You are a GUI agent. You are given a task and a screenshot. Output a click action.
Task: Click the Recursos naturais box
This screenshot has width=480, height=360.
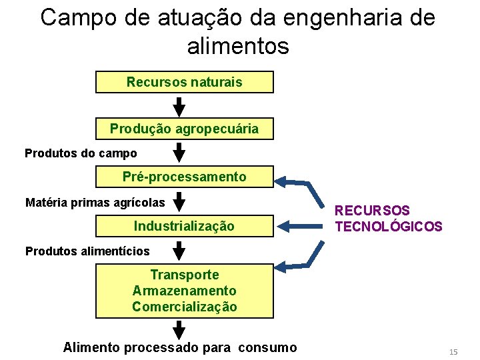click(185, 82)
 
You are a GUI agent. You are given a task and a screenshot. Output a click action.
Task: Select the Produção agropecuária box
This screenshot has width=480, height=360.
click(185, 129)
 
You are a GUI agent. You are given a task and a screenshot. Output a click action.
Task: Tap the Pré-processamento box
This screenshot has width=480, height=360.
click(185, 177)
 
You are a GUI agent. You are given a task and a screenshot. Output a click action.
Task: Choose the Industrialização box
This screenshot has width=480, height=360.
click(185, 226)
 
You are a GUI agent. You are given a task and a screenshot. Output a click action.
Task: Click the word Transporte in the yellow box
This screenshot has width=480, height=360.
click(185, 275)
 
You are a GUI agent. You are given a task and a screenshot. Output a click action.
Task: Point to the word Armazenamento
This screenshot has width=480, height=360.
click(185, 291)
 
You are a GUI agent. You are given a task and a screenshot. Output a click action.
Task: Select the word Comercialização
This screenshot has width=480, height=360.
click(185, 307)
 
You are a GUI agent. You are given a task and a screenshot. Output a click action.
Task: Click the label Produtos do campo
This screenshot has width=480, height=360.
click(81, 153)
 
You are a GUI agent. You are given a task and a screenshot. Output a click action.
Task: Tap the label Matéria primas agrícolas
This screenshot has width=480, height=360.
click(95, 202)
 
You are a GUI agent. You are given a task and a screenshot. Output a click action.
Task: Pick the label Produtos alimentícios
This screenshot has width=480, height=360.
click(87, 251)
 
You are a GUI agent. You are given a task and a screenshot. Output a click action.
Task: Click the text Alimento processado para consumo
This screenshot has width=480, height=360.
click(180, 347)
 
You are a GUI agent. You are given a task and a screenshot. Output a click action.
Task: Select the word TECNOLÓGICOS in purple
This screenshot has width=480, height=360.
click(388, 227)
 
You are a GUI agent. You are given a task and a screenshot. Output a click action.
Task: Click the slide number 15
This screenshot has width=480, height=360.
click(453, 351)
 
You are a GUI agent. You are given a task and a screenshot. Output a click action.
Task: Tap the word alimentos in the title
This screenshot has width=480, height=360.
click(239, 47)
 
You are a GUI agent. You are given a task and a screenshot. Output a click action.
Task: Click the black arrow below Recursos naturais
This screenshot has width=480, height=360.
click(179, 106)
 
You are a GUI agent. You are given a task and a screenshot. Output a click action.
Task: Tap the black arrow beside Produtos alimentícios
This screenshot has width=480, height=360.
click(179, 251)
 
